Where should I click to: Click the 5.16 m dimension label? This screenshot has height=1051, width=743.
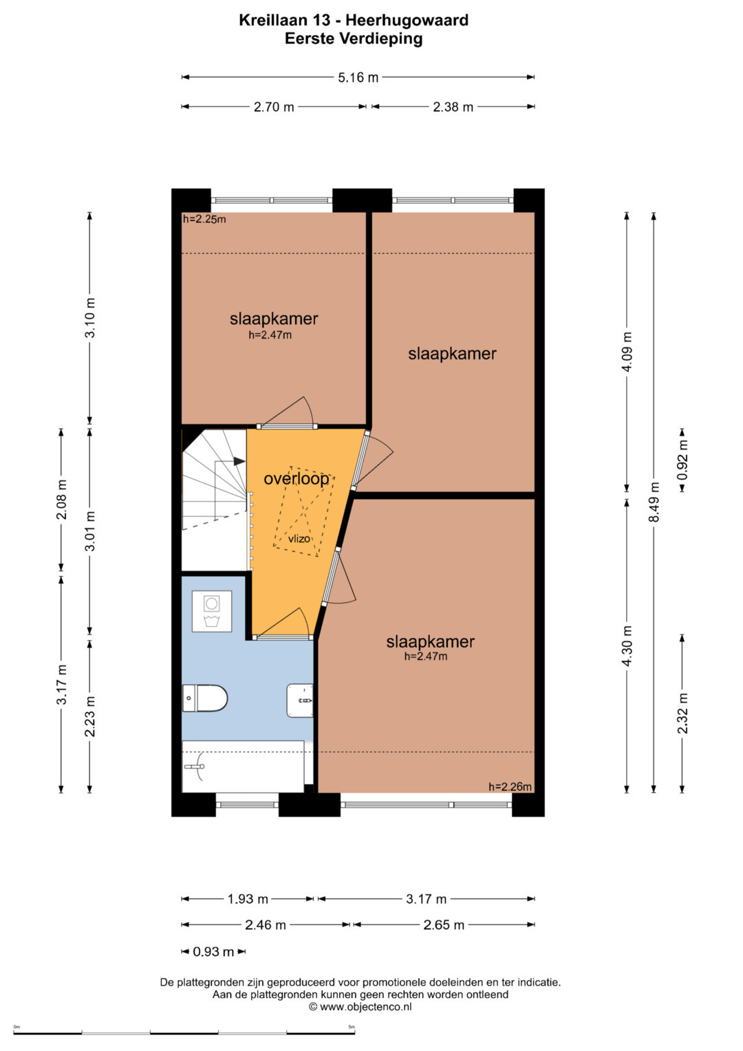pos(358,77)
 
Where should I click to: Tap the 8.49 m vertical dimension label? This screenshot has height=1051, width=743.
pos(654,502)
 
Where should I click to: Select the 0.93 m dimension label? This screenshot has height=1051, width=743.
pos(213,951)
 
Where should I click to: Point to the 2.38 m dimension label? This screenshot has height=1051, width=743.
pos(453,107)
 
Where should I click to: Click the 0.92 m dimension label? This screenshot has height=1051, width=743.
pos(682,460)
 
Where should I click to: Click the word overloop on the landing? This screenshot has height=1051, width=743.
pos(297,479)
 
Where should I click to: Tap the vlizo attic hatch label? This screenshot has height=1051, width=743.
pos(299,539)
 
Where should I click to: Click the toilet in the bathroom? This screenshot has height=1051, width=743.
pos(204,698)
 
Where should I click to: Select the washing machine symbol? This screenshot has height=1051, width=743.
pos(212,611)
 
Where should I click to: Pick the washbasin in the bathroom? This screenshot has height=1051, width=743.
pos(300,701)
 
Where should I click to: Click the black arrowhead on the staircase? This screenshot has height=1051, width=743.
pos(239,461)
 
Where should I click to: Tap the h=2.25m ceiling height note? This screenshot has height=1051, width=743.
pos(204,219)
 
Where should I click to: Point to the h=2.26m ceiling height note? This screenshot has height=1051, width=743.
pos(510,787)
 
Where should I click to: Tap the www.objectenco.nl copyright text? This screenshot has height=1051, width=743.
pos(360,1006)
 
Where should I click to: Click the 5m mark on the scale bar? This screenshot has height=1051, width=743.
pos(352,1027)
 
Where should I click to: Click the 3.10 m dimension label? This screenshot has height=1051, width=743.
pos(90,318)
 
